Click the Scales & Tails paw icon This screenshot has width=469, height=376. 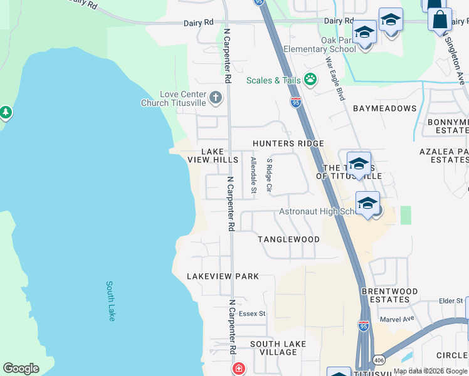(310, 80)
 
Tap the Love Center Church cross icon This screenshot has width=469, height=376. (216, 97)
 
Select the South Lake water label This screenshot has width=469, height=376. (111, 301)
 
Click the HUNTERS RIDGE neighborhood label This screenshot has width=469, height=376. (288, 144)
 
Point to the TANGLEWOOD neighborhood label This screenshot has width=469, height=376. (288, 239)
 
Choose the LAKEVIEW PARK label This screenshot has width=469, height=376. (223, 276)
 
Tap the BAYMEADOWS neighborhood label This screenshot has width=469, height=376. (384, 108)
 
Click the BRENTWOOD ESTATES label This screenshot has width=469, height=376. (389, 295)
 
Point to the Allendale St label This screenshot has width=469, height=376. (253, 175)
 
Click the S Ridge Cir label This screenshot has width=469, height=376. (270, 175)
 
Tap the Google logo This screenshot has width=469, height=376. (21, 368)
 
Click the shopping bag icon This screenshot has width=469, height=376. (440, 19)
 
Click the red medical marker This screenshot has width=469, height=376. (239, 368)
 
